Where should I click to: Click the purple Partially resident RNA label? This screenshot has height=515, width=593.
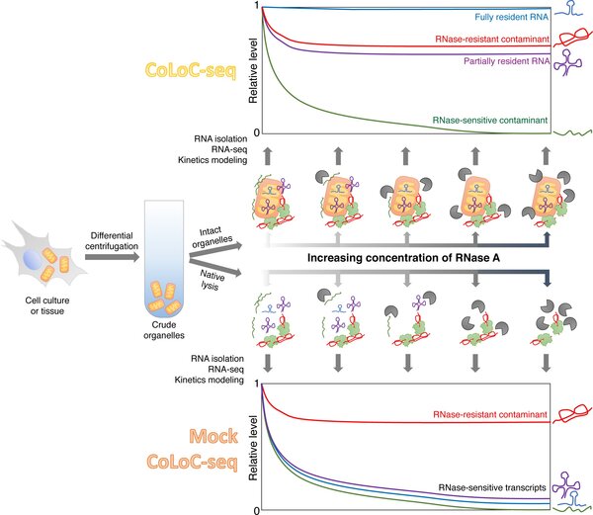[492, 61]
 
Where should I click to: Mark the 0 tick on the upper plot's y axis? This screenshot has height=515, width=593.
[255, 133]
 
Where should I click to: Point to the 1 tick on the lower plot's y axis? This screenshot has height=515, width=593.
[255, 384]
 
